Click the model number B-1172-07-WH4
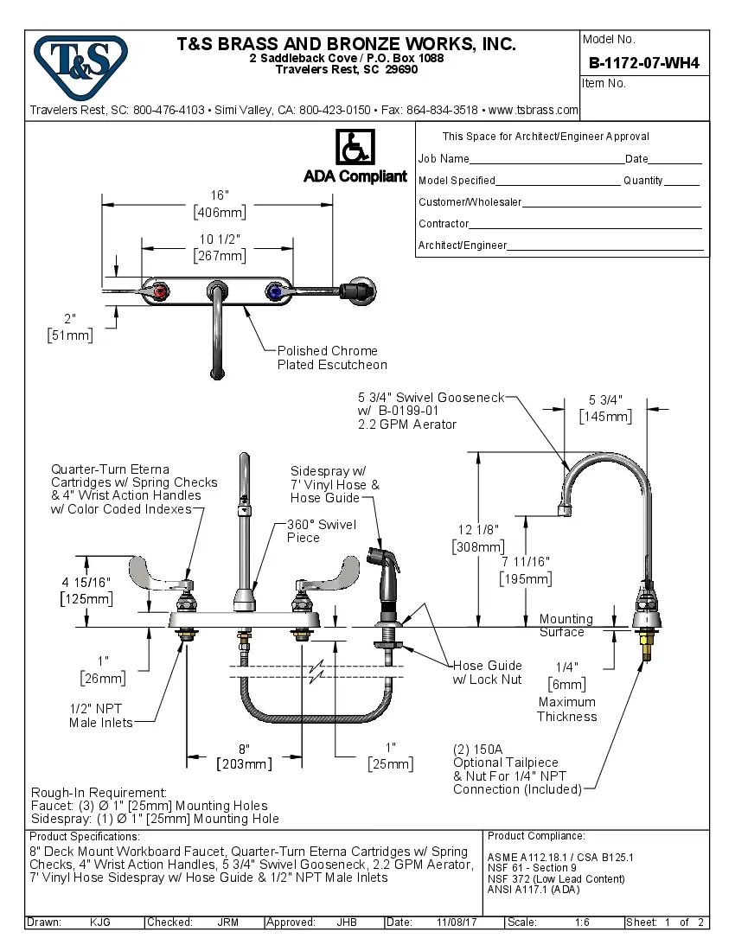point(643,62)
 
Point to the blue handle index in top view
point(276,291)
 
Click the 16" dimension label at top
point(219,195)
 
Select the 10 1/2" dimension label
point(219,239)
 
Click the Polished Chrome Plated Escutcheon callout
point(331,358)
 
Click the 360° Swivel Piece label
point(315,531)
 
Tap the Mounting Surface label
point(566,625)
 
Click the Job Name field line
point(546,159)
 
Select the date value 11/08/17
point(455,922)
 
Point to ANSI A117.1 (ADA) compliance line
point(534,889)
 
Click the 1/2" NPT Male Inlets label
point(101,715)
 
